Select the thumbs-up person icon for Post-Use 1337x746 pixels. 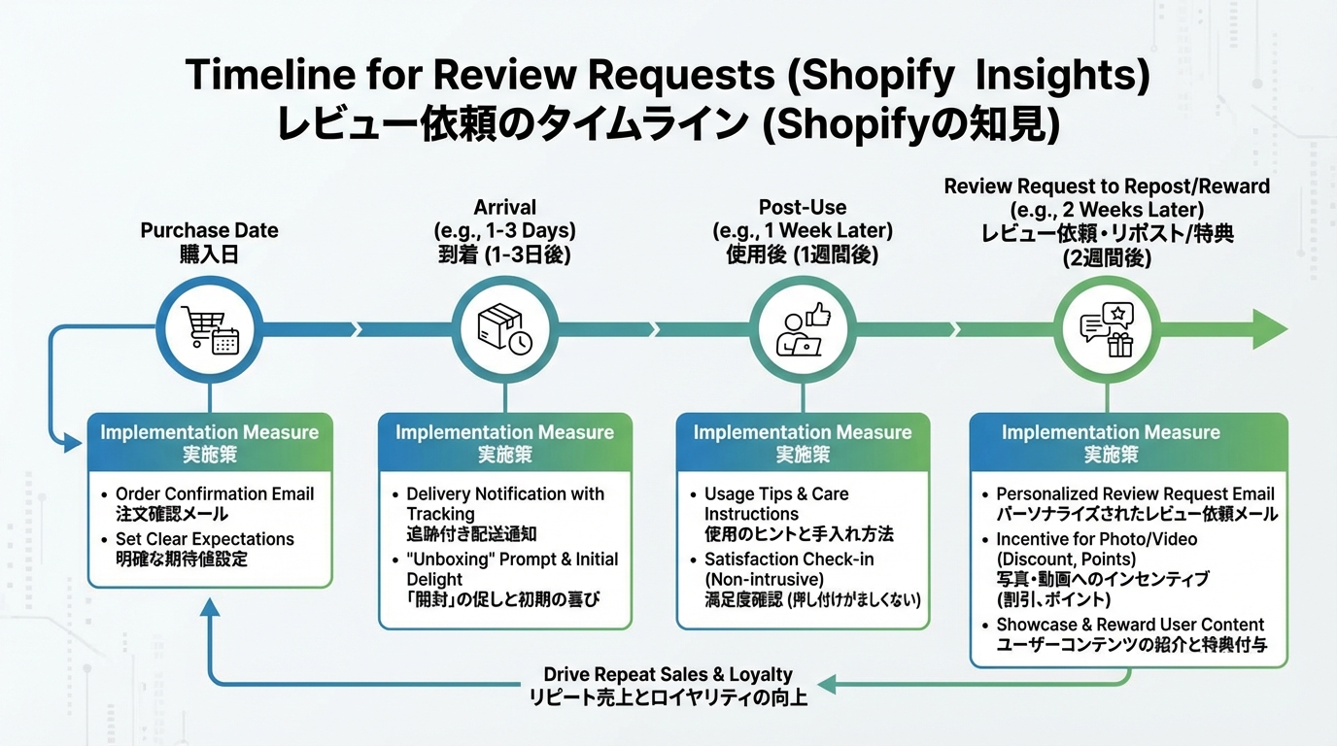point(803,329)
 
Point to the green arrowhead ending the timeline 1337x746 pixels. point(1268,329)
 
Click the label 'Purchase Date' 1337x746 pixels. point(209,230)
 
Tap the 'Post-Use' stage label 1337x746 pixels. point(802,207)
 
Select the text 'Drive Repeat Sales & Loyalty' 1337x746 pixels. point(668,674)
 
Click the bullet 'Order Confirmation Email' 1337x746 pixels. point(214,493)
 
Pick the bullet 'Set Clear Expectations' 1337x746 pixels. point(204,539)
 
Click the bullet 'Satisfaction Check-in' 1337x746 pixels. point(788,559)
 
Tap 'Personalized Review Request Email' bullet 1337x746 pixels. point(1135,493)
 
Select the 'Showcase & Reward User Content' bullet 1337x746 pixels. point(1130,625)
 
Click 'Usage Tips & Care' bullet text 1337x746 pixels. point(776,493)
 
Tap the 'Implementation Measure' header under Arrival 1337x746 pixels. point(504,432)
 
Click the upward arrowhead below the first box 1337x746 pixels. point(209,608)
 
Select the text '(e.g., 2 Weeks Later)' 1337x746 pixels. point(1107,210)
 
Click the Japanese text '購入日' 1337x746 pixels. point(209,254)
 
